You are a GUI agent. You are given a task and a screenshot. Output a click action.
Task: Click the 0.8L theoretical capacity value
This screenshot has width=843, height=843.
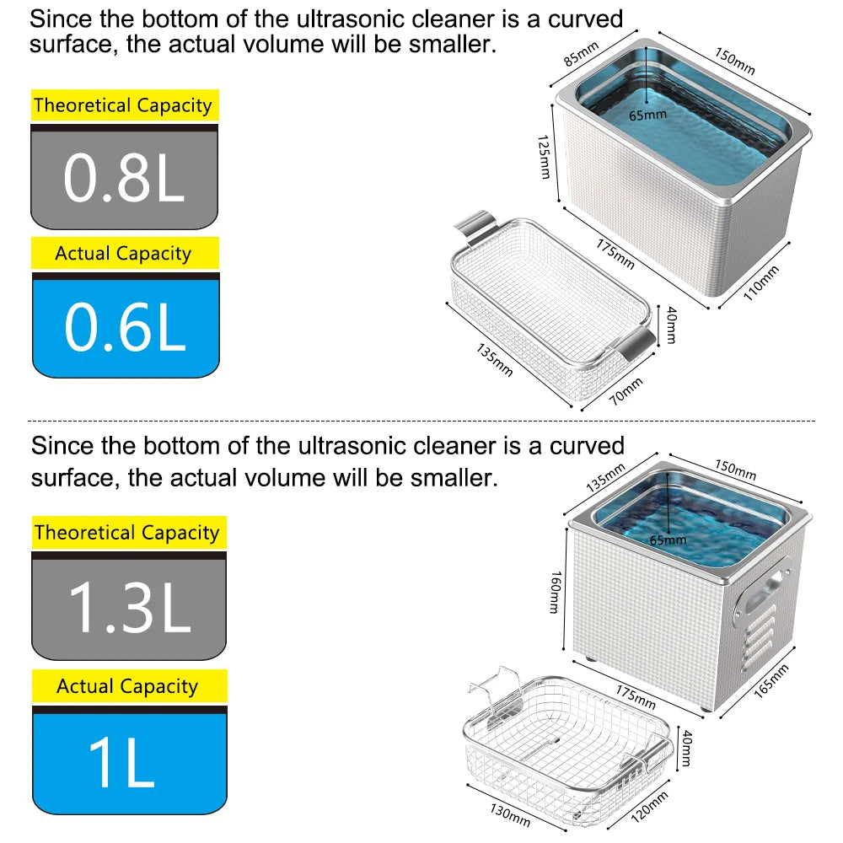click(x=124, y=178)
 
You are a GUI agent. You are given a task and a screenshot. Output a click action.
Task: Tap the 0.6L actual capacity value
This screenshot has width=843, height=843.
click(x=124, y=327)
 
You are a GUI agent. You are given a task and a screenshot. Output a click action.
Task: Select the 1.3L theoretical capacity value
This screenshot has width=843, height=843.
click(x=128, y=606)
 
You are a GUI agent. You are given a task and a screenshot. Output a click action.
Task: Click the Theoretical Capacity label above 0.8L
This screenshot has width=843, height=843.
click(x=123, y=105)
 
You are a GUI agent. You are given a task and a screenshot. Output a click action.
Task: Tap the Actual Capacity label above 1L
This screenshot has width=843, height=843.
click(x=127, y=686)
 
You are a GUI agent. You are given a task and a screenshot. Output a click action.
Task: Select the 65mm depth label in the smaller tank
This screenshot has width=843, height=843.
click(x=647, y=113)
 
